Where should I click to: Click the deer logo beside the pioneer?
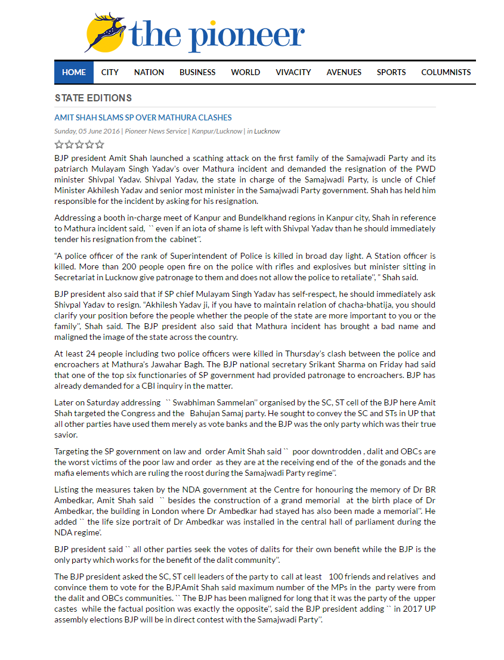click(x=106, y=32)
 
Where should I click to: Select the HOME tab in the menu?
click(x=74, y=72)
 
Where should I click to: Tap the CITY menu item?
click(x=110, y=72)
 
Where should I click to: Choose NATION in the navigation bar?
click(x=149, y=72)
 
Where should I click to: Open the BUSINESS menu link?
click(x=197, y=72)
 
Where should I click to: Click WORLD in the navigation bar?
click(x=246, y=72)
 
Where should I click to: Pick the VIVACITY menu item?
click(x=293, y=72)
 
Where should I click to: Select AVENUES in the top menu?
click(x=344, y=72)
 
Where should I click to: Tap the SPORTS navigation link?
click(x=391, y=72)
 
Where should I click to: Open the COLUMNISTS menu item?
click(x=446, y=72)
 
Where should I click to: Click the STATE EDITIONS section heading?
click(x=93, y=98)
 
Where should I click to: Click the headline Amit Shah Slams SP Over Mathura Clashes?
click(x=143, y=117)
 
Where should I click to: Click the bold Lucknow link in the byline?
click(x=267, y=131)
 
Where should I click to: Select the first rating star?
click(x=59, y=144)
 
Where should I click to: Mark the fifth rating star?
click(x=100, y=144)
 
